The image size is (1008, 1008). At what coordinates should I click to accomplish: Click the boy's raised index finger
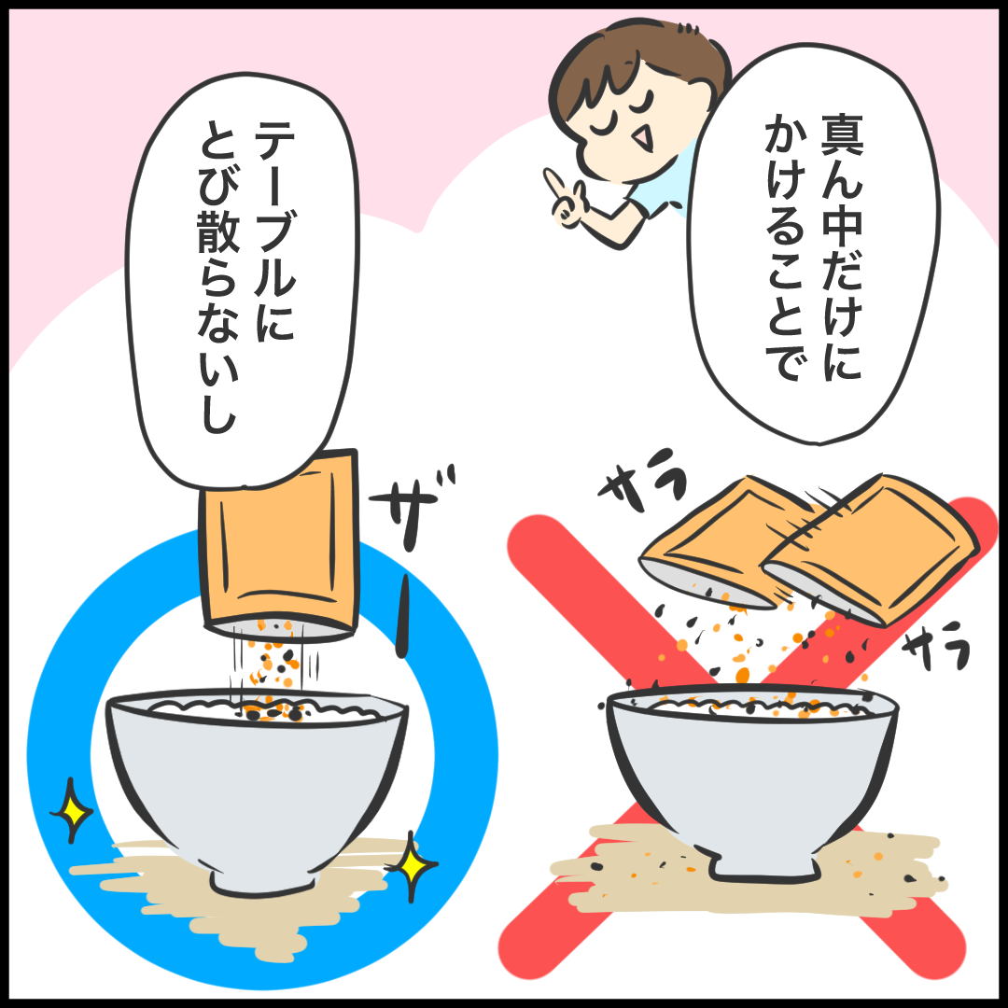[x=554, y=183]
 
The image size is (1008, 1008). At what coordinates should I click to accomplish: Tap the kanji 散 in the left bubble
[x=218, y=233]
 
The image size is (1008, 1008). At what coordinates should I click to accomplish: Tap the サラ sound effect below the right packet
[x=937, y=645]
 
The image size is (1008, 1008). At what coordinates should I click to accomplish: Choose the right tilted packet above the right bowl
[x=871, y=549]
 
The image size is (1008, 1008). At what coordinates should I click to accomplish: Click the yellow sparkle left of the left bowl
[x=71, y=810]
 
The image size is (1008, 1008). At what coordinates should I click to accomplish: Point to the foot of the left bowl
[x=263, y=882]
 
